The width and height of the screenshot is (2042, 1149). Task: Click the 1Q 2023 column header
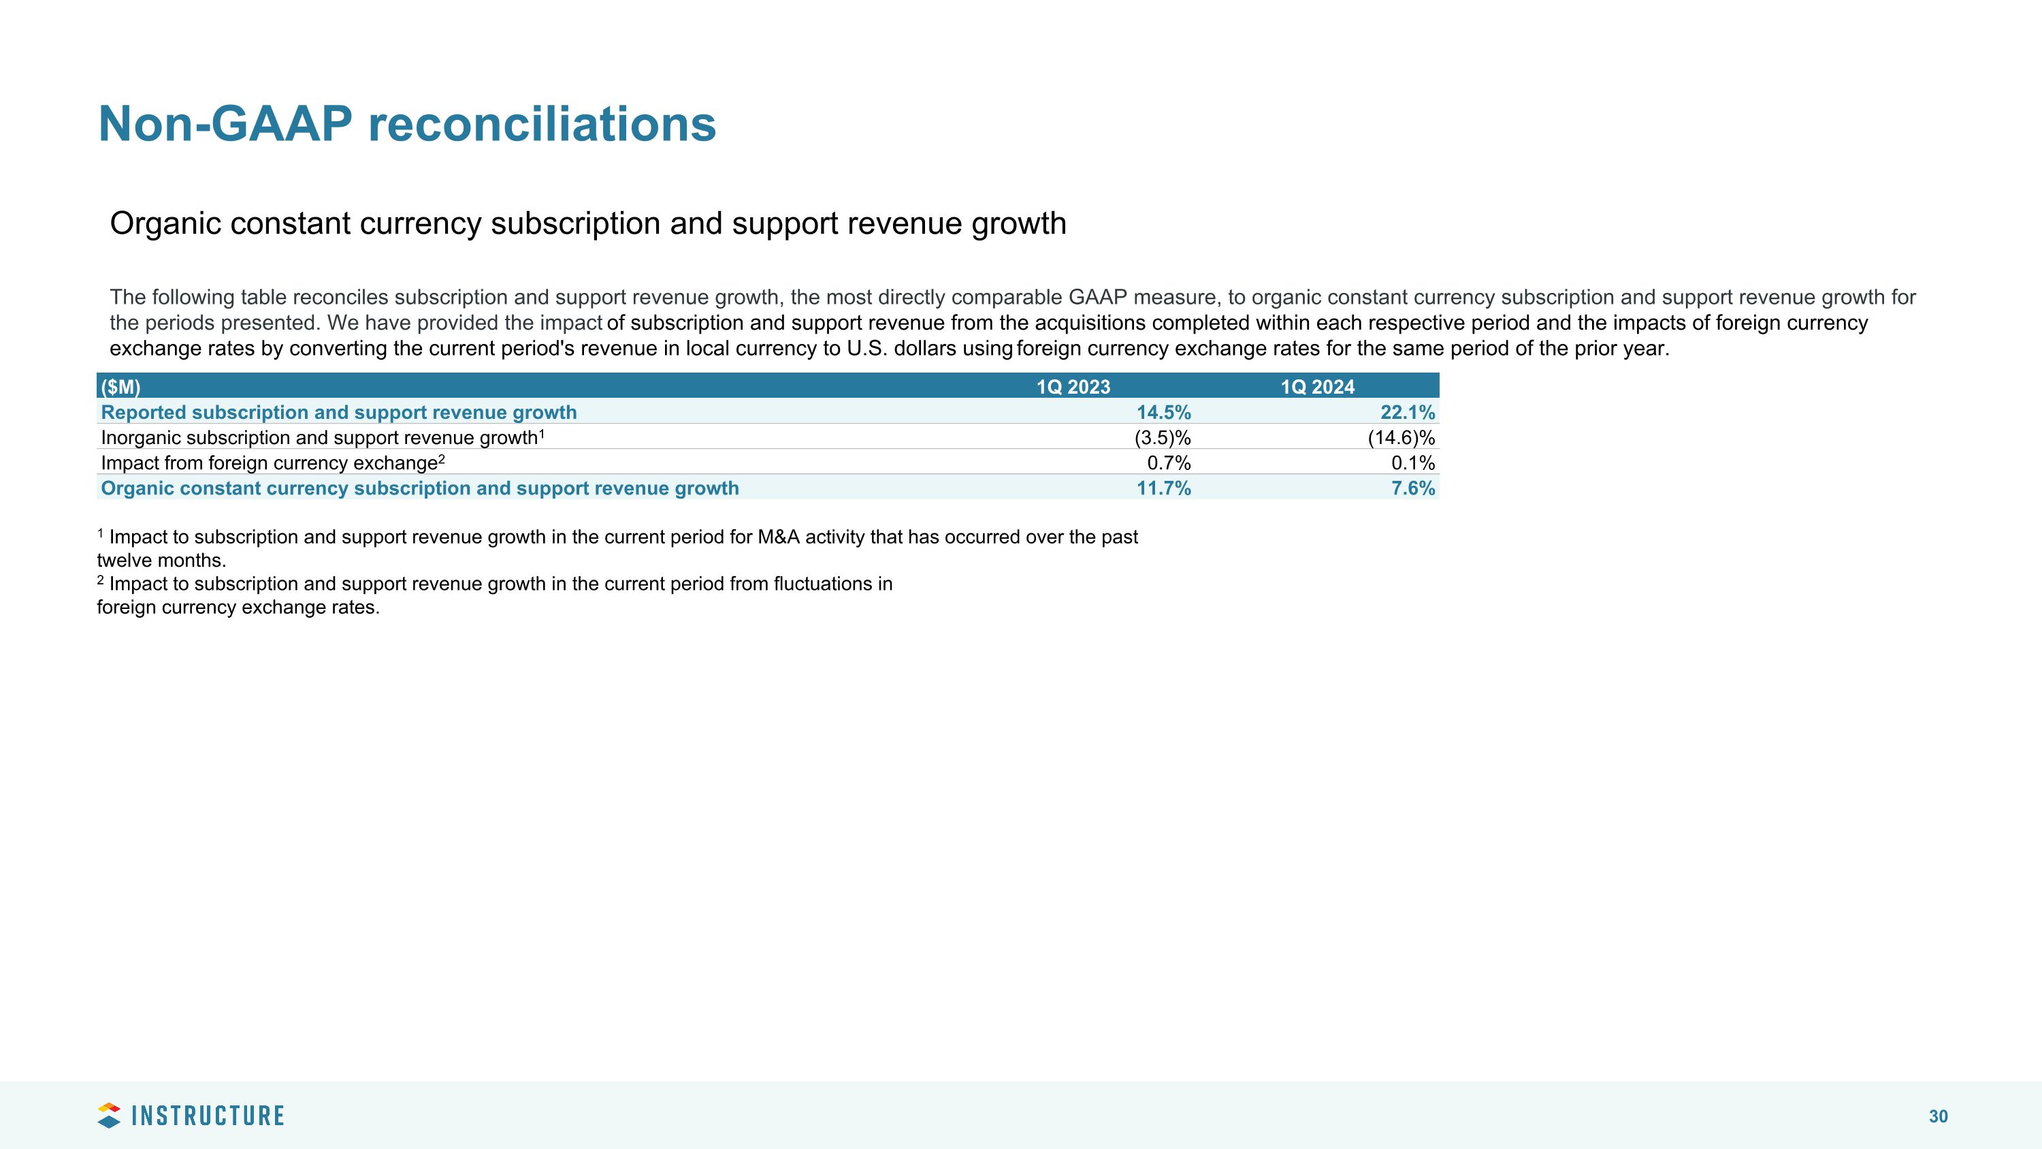click(1073, 387)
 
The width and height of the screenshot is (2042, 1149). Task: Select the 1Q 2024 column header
click(1318, 387)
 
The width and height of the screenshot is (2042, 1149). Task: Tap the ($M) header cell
click(120, 387)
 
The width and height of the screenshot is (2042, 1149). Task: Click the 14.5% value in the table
click(1163, 412)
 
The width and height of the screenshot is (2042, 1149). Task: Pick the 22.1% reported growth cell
click(1407, 412)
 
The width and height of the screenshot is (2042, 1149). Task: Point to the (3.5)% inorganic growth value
click(1162, 438)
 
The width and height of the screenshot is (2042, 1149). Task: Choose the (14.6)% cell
click(1401, 438)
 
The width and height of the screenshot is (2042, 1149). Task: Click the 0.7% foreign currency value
click(1169, 463)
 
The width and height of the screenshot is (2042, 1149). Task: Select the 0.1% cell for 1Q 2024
click(1412, 463)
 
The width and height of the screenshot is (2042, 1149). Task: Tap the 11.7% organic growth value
click(1163, 488)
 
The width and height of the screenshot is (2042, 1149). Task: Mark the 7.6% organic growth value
click(1412, 488)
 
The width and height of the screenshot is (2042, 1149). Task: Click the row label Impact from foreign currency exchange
click(270, 463)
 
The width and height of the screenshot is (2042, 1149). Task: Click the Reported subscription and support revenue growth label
click(338, 412)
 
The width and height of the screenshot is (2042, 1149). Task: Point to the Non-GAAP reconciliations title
click(406, 125)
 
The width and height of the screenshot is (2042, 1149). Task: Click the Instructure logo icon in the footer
click(109, 1115)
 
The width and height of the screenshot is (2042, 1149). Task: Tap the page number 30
click(1938, 1116)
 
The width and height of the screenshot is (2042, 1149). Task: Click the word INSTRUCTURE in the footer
click(208, 1116)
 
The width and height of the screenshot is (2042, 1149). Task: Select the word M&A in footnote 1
click(777, 537)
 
